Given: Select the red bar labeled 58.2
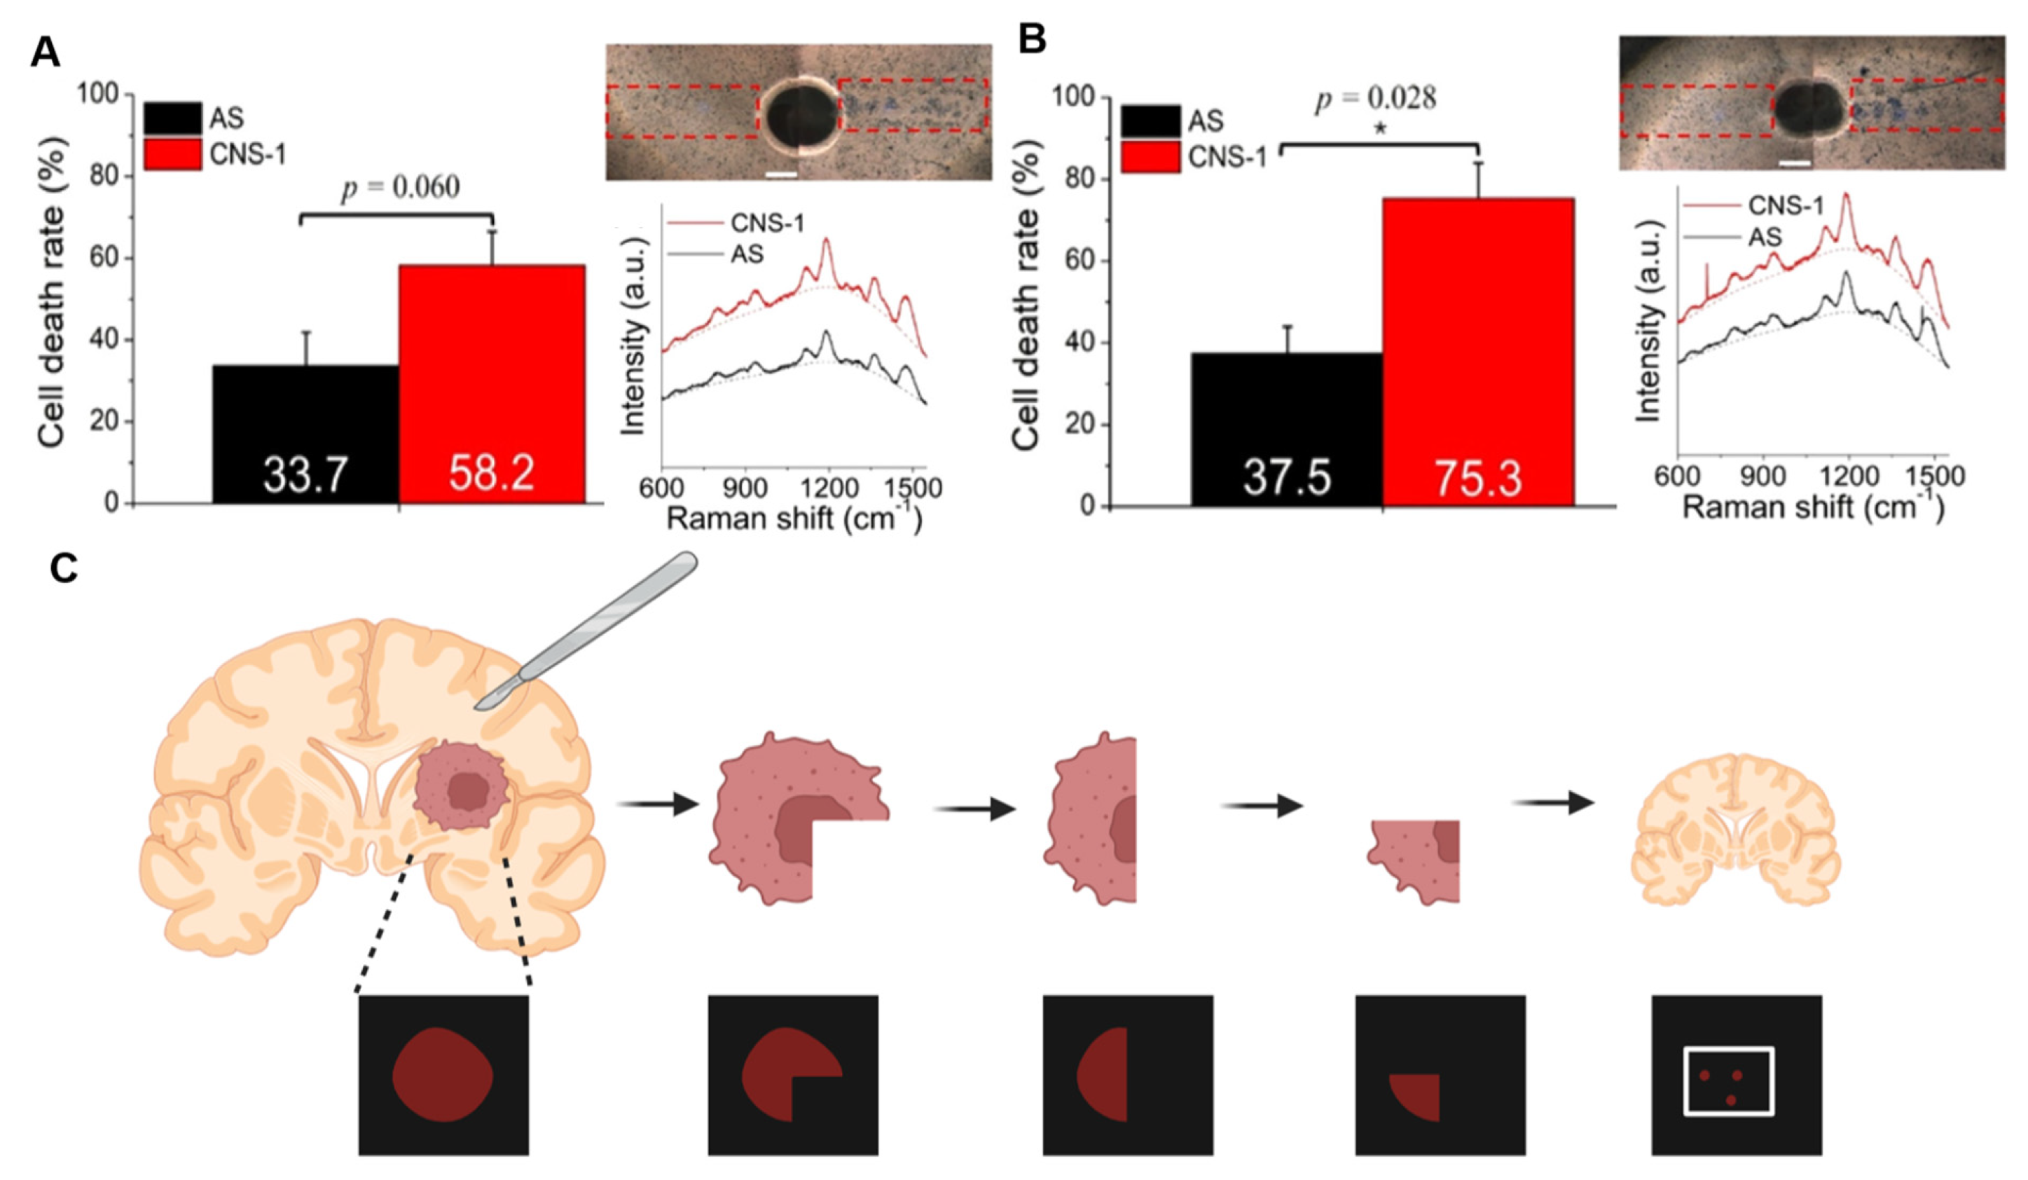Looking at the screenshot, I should [492, 378].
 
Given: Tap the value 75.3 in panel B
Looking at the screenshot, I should [1478, 479].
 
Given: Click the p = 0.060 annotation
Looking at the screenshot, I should [401, 188].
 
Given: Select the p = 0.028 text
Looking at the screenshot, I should [1375, 98].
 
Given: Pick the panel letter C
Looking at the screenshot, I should [64, 569].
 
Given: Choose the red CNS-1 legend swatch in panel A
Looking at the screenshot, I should [172, 153].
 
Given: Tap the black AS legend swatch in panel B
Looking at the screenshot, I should [1150, 121].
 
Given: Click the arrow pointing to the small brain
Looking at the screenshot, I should [1553, 802].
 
